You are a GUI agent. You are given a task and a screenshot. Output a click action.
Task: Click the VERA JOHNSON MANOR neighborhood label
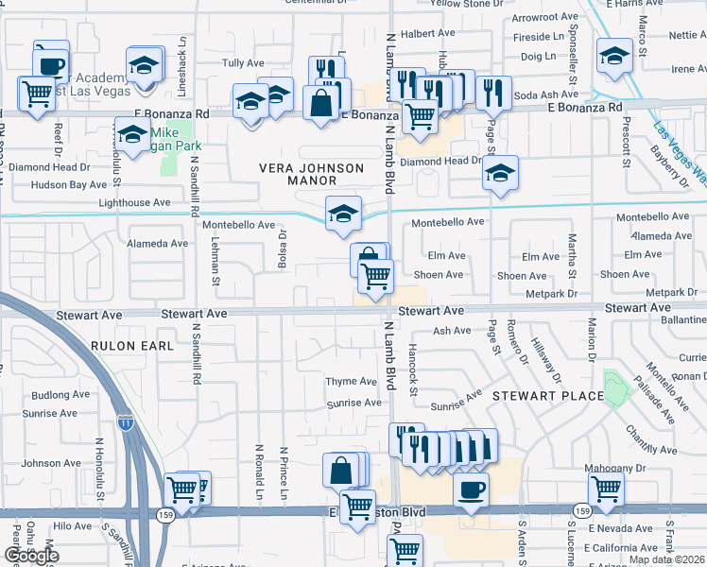[x=312, y=176]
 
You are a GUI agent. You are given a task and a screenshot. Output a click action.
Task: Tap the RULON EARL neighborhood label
[x=133, y=347]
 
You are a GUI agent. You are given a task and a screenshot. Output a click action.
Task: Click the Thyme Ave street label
[x=352, y=382]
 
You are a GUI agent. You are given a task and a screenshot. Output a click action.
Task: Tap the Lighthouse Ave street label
[x=135, y=202]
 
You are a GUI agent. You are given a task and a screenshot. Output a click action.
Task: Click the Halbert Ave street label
[x=429, y=33]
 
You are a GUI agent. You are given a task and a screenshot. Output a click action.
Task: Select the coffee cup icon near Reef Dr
[x=51, y=65]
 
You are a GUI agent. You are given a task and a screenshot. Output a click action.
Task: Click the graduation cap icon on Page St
[x=500, y=175]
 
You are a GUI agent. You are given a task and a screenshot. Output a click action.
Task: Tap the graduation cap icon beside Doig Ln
[x=614, y=56]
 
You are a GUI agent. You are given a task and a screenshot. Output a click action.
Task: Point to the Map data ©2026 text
[x=666, y=559]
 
